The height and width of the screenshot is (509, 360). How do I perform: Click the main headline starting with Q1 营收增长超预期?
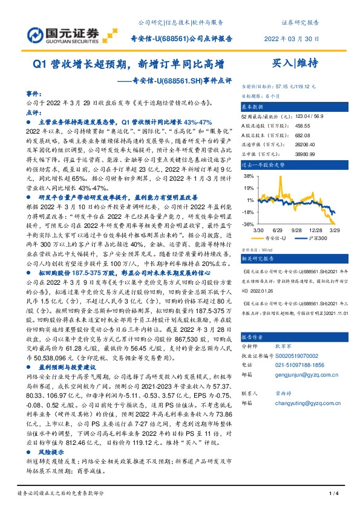coord(128,62)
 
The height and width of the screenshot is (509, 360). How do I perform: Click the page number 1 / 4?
coord(332,495)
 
